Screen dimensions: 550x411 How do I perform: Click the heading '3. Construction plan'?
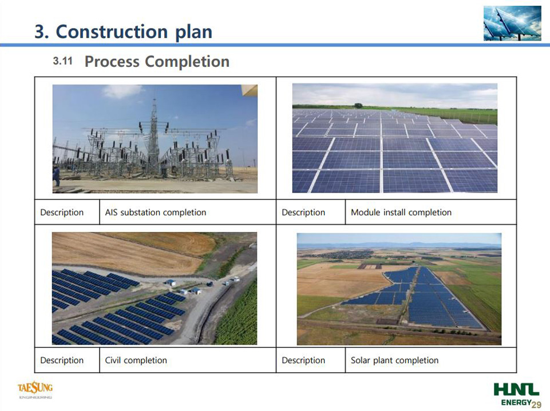click(124, 31)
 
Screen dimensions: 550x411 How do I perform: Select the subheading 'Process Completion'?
click(157, 62)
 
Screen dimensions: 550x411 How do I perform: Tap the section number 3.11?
click(63, 61)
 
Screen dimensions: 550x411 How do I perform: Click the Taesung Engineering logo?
click(35, 390)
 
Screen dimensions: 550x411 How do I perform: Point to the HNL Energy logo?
click(516, 393)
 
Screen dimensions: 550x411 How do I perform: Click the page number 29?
click(536, 405)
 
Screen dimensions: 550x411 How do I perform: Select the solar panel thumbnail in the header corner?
click(512, 23)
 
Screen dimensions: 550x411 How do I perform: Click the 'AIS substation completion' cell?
click(188, 212)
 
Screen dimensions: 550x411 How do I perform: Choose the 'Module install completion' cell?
click(431, 212)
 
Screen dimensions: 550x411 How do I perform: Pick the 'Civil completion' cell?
click(188, 360)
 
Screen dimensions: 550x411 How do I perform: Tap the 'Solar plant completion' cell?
click(431, 360)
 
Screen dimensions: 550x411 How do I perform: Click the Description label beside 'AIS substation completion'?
click(62, 212)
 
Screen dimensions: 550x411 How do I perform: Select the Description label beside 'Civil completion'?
click(62, 360)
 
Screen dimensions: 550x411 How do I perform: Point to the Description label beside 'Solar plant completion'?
click(303, 360)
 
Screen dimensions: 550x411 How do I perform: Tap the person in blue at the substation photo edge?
click(56, 176)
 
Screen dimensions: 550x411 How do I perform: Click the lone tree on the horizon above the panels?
click(358, 106)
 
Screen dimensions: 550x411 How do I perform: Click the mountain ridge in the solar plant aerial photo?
click(399, 244)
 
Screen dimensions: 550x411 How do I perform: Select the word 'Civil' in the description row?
click(113, 360)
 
